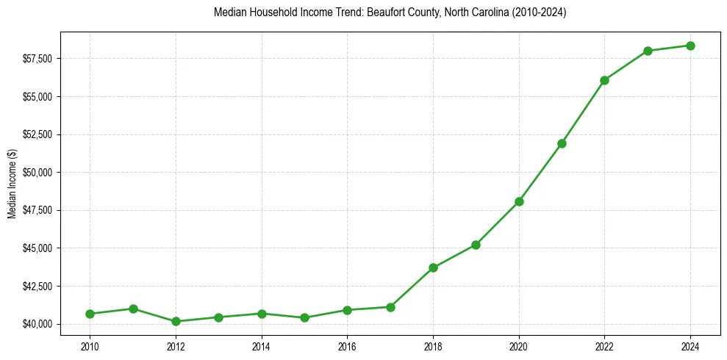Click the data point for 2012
pos(176,321)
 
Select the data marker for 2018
pos(434,267)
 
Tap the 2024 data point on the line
pos(691,46)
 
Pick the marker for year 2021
pos(562,143)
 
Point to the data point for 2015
pos(304,317)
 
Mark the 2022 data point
pos(605,80)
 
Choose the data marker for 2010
pos(90,314)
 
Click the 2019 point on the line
pos(476,245)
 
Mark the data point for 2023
pos(648,51)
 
